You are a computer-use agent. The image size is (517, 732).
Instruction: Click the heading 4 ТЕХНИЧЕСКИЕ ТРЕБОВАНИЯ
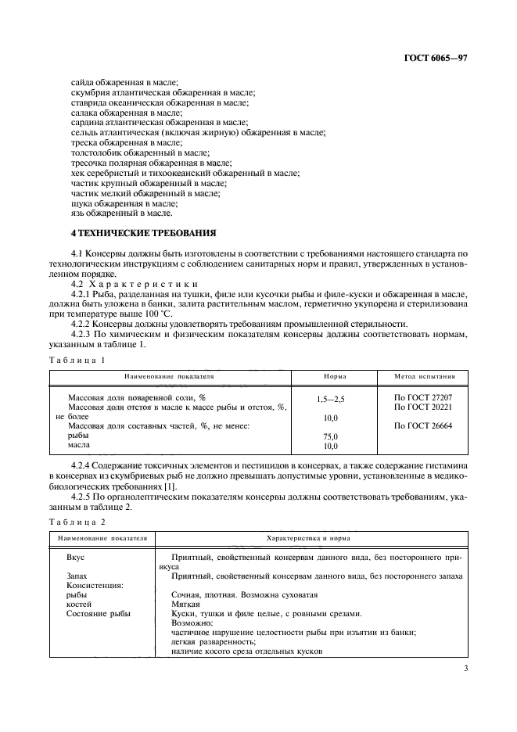(x=144, y=233)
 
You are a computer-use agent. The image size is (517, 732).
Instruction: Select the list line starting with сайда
(x=125, y=82)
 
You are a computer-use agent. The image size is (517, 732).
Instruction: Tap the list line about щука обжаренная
(x=125, y=203)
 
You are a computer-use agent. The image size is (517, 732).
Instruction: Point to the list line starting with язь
(x=121, y=213)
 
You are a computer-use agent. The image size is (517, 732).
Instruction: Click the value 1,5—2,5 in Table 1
(x=330, y=399)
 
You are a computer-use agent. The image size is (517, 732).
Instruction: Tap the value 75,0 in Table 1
(x=330, y=436)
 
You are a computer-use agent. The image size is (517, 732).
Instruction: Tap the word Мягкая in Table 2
(x=185, y=604)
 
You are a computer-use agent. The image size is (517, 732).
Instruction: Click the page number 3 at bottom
(x=465, y=668)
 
